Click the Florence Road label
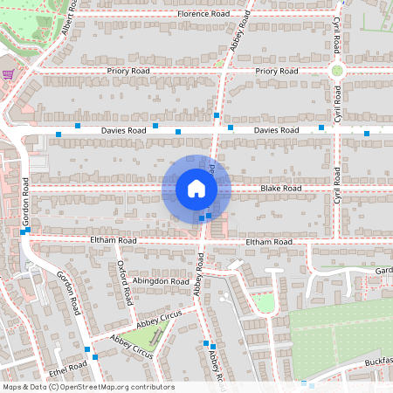click(203, 14)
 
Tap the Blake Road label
click(280, 188)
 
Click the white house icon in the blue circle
click(196, 189)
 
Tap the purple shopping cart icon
click(8, 75)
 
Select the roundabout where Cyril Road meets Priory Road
click(336, 71)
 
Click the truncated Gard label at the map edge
click(383, 271)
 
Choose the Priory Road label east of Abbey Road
click(278, 70)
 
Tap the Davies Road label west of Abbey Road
click(124, 130)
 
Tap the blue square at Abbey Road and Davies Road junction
click(216, 115)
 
